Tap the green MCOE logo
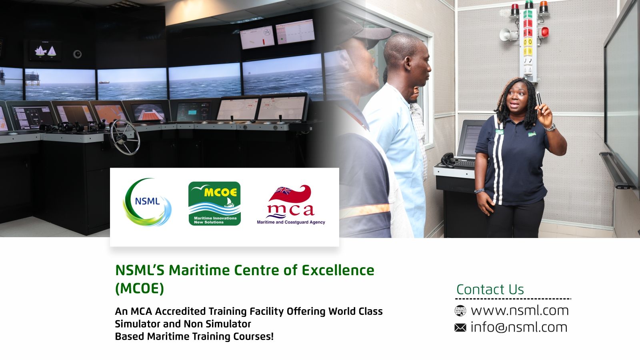pyautogui.click(x=214, y=204)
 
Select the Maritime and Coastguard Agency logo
pyautogui.click(x=291, y=204)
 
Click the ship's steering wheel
pyautogui.click(x=125, y=137)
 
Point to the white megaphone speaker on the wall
pyautogui.click(x=508, y=34)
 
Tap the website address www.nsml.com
pyautogui.click(x=520, y=310)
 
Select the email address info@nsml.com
pyautogui.click(x=519, y=328)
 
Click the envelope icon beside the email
pyautogui.click(x=460, y=328)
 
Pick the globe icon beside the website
pyautogui.click(x=460, y=310)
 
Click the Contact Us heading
pyautogui.click(x=490, y=290)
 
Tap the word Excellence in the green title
pyautogui.click(x=338, y=270)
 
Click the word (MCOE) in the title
pyautogui.click(x=140, y=288)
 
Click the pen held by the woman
pyautogui.click(x=539, y=98)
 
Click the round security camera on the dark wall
pyautogui.click(x=77, y=54)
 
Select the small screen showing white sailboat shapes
pyautogui.click(x=46, y=51)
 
